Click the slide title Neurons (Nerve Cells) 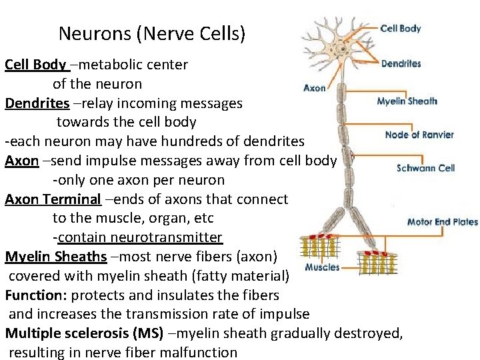[152, 33]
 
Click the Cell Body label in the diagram [400, 29]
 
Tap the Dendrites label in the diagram [401, 64]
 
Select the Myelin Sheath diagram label [407, 101]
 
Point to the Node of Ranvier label [419, 135]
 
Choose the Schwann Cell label [425, 168]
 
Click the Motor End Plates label [442, 222]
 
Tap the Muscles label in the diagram [322, 267]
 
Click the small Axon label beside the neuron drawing [315, 87]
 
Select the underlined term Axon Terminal [53, 199]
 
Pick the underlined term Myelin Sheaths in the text [55, 257]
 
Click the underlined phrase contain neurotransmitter [140, 237]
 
